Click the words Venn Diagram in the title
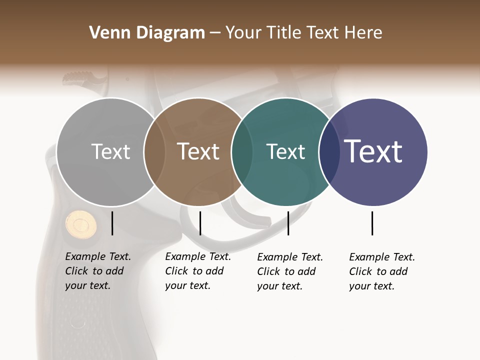[x=146, y=33]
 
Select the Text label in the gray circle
[x=110, y=152]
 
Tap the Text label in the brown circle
[x=198, y=152]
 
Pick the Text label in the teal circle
[x=285, y=152]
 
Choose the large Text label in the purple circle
[x=373, y=151]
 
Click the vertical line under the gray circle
[x=112, y=223]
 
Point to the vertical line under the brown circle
[x=200, y=223]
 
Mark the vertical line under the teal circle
[x=288, y=223]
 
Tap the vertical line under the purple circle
[x=372, y=223]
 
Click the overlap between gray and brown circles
[x=154, y=152]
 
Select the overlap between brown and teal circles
[x=242, y=152]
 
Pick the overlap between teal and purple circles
[x=329, y=152]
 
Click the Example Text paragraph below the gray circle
[x=97, y=271]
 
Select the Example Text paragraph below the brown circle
[x=197, y=271]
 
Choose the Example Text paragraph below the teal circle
[x=289, y=271]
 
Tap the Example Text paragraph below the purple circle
[x=381, y=271]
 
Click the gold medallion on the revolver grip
[x=81, y=223]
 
